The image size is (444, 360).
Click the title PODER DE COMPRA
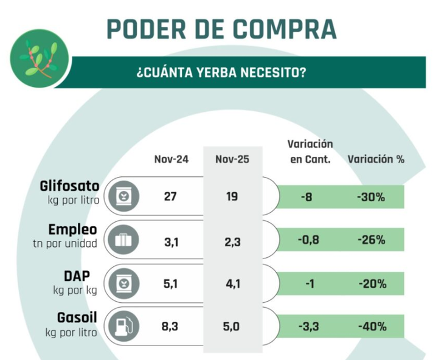tap(221, 29)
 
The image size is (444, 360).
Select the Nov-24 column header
tap(171, 159)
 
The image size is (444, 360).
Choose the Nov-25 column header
tap(232, 159)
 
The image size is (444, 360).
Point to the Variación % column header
tap(376, 159)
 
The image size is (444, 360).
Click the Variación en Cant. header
tap(310, 152)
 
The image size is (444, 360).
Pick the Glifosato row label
tap(68, 185)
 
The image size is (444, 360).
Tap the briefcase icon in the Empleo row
tap(123, 240)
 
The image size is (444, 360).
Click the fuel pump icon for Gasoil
tap(123, 327)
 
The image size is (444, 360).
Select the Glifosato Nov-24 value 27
tap(171, 197)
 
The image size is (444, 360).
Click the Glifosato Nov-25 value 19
tap(232, 197)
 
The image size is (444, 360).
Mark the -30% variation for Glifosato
tap(372, 197)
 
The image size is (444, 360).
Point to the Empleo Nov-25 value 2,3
tap(232, 240)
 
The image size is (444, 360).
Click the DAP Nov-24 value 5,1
tap(171, 283)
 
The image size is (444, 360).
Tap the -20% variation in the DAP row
tap(372, 283)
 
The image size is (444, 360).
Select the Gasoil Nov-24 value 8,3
tap(171, 327)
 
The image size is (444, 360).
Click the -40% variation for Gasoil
tap(372, 327)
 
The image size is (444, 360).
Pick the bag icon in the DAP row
tap(123, 283)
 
